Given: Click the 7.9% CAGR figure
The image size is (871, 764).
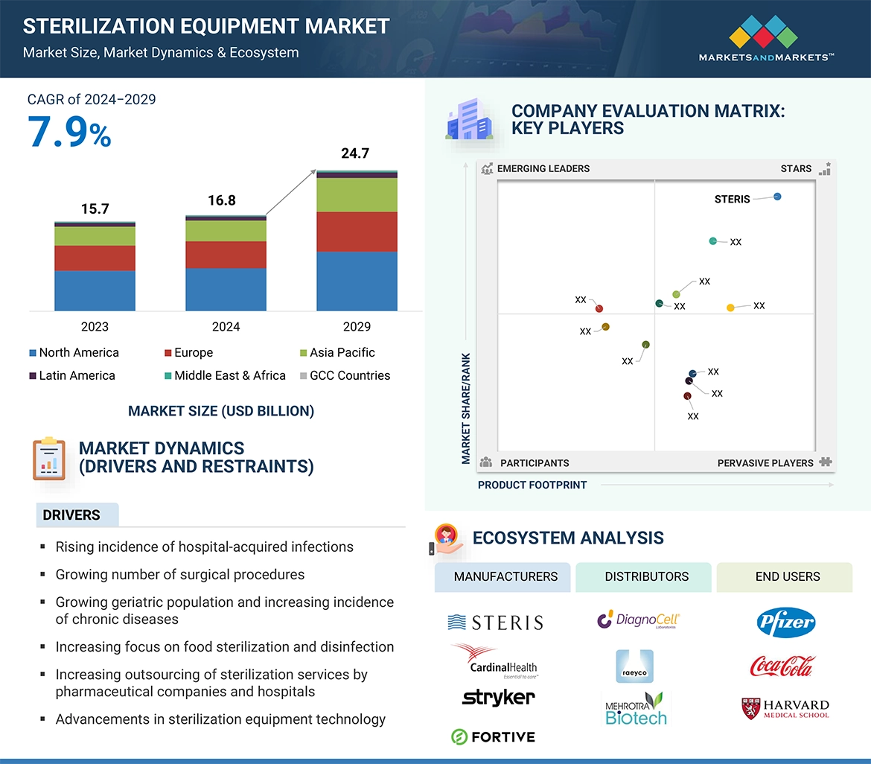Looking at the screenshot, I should tap(69, 132).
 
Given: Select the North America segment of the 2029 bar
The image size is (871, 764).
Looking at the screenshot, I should tap(357, 281).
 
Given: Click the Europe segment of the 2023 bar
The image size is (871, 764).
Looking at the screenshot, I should tap(95, 258).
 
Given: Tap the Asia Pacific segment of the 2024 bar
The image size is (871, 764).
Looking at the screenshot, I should tap(226, 231).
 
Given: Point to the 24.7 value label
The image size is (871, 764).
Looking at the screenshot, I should tap(355, 154).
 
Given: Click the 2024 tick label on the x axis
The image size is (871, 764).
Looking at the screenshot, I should tap(226, 326).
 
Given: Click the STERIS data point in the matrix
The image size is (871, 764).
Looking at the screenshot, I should tap(777, 197).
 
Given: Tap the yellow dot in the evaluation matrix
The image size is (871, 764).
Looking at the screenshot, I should tap(730, 308).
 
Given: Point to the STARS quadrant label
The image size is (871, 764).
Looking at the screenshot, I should tap(796, 168).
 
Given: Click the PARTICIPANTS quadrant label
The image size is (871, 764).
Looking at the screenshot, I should tap(534, 462).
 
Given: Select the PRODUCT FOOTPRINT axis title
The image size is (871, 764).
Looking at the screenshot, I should tap(532, 485).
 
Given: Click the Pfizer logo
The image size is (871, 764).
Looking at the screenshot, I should tap(785, 623).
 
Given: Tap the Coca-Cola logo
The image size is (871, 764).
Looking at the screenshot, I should tap(782, 665).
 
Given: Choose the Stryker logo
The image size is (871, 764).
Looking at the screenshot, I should tap(498, 698).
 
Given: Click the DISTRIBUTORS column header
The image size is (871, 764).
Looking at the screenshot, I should tap(646, 576).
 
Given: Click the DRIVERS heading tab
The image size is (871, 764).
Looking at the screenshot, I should tap(71, 515).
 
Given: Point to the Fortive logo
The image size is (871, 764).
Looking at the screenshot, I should tap(493, 736).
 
